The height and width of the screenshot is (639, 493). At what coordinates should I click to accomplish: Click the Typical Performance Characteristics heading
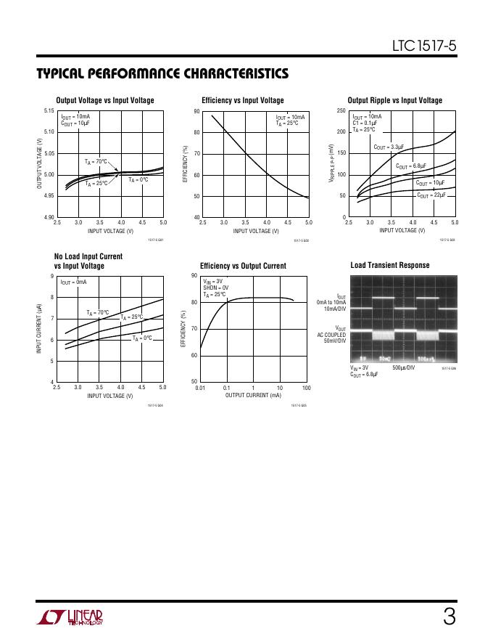pyautogui.click(x=162, y=74)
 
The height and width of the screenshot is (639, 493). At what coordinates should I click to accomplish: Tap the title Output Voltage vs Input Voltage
pyautogui.click(x=105, y=100)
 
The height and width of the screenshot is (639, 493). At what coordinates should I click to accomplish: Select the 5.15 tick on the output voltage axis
pyautogui.click(x=49, y=111)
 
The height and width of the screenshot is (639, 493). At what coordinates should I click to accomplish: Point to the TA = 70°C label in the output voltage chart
pyautogui.click(x=94, y=161)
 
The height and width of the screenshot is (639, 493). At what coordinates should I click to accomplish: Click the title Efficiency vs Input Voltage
pyautogui.click(x=243, y=100)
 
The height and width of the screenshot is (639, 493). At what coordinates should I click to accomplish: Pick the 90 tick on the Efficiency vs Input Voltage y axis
pyautogui.click(x=196, y=111)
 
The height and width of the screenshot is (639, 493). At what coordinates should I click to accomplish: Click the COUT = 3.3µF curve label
pyautogui.click(x=389, y=147)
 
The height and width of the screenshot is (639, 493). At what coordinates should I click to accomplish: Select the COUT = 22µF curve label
pyautogui.click(x=431, y=195)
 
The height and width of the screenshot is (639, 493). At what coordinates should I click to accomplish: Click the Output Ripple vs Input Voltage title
pyautogui.click(x=395, y=100)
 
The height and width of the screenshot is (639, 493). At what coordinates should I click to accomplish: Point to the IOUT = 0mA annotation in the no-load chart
pyautogui.click(x=74, y=282)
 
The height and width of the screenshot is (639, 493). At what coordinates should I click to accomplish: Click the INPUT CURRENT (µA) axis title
pyautogui.click(x=38, y=329)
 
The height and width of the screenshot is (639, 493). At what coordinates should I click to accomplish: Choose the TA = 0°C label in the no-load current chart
pyautogui.click(x=142, y=338)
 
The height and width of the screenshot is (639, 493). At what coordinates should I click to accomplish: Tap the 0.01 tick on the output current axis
pyautogui.click(x=201, y=388)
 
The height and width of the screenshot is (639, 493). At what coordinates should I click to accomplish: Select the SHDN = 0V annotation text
pyautogui.click(x=216, y=288)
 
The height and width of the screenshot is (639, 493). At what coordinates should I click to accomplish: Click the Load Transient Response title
pyautogui.click(x=390, y=265)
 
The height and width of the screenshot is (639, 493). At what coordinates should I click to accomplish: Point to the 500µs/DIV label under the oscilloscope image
pyautogui.click(x=404, y=368)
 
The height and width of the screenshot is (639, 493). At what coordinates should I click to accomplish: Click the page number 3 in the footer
pyautogui.click(x=449, y=618)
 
